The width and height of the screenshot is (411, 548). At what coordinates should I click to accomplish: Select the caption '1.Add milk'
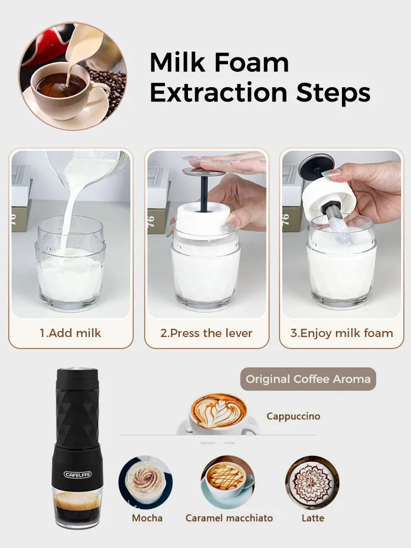[70, 333]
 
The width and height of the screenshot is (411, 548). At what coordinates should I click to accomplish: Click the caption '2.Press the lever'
[206, 333]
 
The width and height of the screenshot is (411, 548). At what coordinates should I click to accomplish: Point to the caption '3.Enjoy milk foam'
[341, 333]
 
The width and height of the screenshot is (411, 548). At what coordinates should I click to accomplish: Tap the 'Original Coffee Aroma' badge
[308, 379]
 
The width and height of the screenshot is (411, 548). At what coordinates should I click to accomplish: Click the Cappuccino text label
[293, 416]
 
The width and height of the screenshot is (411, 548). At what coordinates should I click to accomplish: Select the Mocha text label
[147, 518]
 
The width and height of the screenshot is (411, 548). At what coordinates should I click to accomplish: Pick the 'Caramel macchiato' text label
[229, 518]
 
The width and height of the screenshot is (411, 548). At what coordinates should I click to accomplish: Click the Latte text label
[313, 518]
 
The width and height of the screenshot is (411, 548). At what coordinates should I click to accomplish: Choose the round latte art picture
[312, 482]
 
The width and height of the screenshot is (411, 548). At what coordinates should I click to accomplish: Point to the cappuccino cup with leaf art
[218, 412]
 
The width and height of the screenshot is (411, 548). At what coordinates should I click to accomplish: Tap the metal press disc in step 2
[203, 172]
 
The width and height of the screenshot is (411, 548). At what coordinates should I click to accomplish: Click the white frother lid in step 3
[329, 196]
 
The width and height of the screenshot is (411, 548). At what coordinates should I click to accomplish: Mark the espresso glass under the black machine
[77, 507]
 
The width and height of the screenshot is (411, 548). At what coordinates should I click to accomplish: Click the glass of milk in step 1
[71, 269]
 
